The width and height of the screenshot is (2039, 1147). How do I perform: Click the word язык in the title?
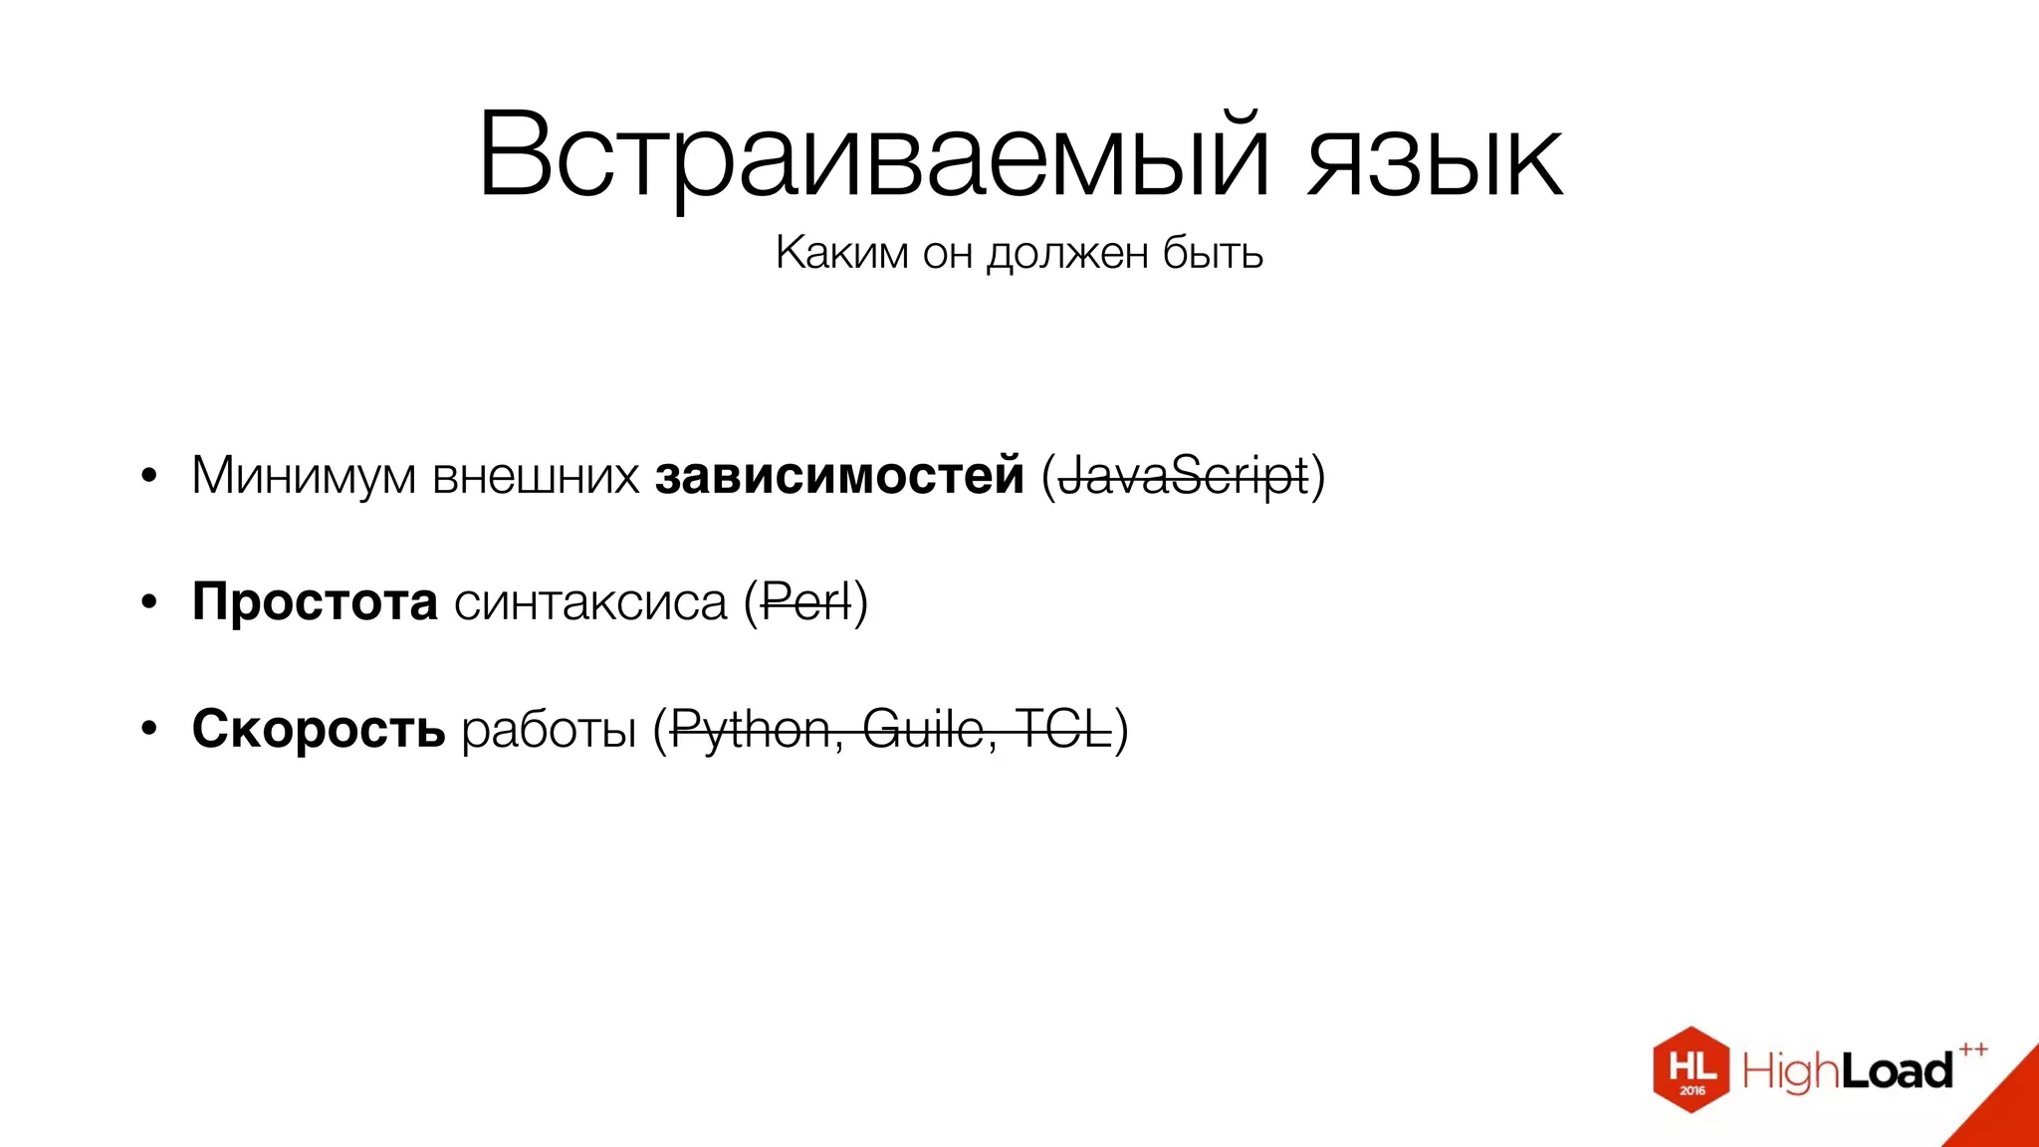click(x=1435, y=159)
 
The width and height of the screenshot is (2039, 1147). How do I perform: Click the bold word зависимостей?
click(x=839, y=475)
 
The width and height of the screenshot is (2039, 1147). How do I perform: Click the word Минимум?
click(x=304, y=476)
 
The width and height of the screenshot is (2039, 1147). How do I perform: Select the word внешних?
click(x=536, y=476)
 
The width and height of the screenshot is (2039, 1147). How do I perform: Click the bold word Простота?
click(x=315, y=602)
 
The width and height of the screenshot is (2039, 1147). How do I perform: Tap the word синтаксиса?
click(x=590, y=603)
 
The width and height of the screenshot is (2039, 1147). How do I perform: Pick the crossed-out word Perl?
click(x=806, y=603)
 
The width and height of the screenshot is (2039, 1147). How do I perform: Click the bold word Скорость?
click(x=319, y=729)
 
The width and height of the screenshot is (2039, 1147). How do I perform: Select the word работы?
click(x=549, y=731)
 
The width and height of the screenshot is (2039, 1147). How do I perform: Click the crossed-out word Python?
click(x=751, y=731)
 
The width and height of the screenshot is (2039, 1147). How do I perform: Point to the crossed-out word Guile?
click(x=923, y=730)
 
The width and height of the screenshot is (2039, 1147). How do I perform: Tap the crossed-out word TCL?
click(x=1062, y=730)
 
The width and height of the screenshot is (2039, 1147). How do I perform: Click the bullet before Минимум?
click(x=149, y=476)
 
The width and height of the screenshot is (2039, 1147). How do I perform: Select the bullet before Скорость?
click(x=149, y=729)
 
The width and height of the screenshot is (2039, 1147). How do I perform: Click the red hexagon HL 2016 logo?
click(x=1691, y=1069)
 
